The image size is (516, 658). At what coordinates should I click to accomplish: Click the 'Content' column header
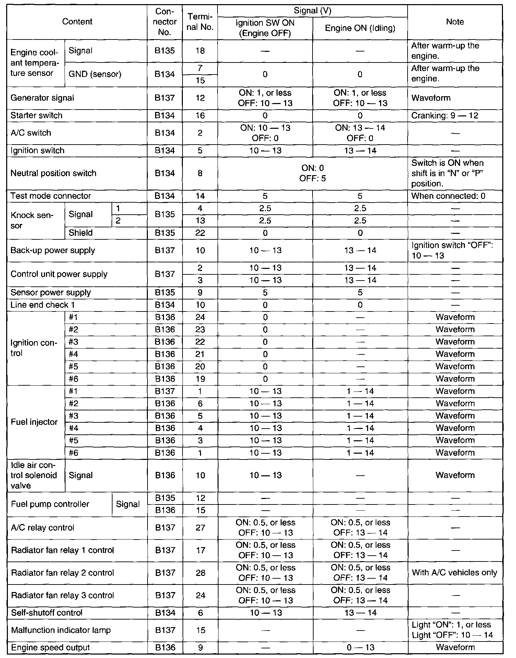point(77,22)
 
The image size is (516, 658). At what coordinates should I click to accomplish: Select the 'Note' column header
point(455,22)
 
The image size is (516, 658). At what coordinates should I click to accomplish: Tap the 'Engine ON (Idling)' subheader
point(360,28)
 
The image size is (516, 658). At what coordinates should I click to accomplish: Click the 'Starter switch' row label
point(36,115)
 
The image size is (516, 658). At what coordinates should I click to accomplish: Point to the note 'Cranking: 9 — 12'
point(445,115)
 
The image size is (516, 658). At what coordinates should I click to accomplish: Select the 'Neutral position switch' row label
point(53,173)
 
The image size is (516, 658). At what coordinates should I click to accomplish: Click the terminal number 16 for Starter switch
point(200,115)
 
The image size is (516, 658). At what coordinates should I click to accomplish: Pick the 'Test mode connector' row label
point(51,196)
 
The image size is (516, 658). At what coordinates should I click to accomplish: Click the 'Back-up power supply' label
point(53,250)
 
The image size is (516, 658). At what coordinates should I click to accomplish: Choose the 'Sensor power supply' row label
point(51,293)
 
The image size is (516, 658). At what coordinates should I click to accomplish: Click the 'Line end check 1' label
point(43,305)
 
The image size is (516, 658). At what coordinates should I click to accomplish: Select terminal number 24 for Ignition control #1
point(200,317)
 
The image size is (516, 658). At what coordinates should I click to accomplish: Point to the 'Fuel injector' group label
point(34,422)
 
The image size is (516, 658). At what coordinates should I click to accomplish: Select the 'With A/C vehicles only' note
point(455,572)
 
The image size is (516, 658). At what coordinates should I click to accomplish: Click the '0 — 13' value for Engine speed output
point(360,648)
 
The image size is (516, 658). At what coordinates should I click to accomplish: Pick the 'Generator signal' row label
point(42,98)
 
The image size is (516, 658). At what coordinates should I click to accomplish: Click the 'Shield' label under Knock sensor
point(81,233)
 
